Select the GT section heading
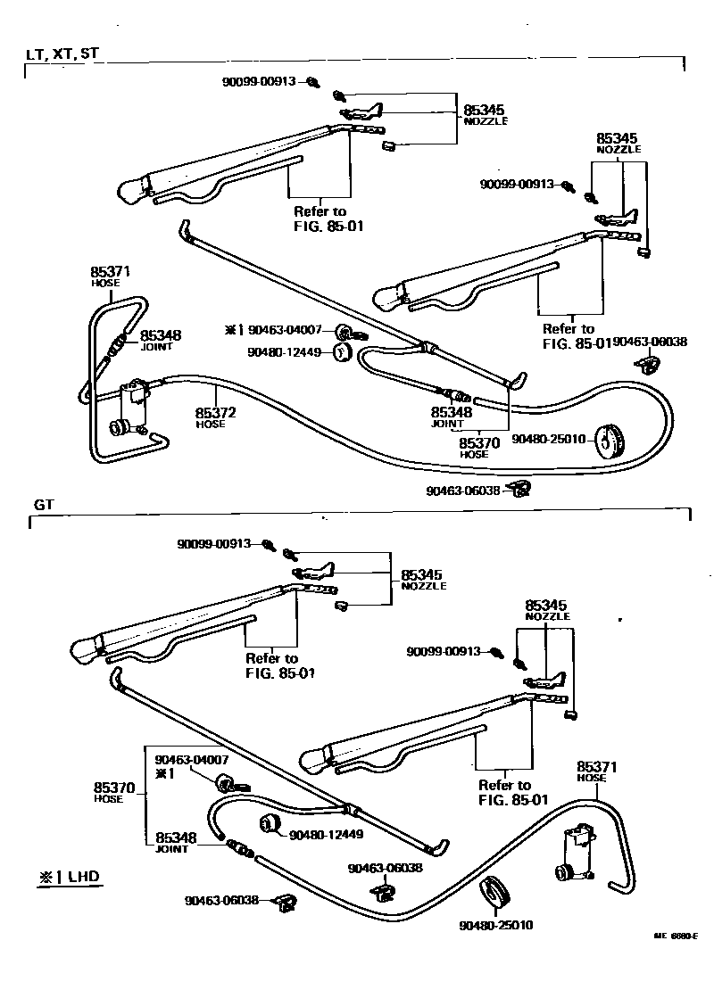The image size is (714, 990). point(45,504)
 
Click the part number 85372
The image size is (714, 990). point(215,413)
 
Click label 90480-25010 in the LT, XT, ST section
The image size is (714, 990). point(548,439)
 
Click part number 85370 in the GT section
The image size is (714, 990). point(114,788)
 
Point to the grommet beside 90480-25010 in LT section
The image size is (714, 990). point(611,439)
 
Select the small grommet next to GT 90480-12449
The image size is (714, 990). point(270,824)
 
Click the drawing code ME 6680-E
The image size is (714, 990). point(675,936)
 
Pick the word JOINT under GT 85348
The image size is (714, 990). point(172,850)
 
